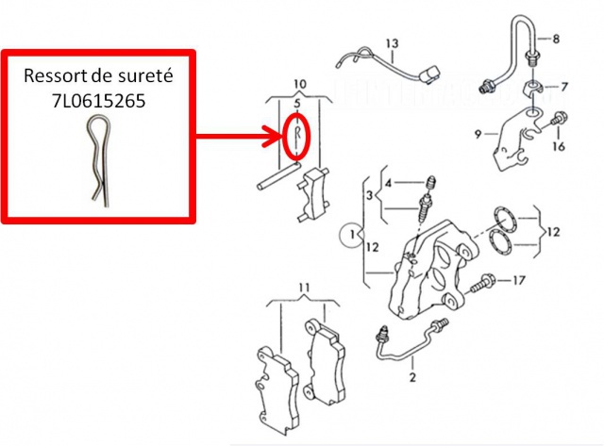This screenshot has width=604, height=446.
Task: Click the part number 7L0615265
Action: [98, 101]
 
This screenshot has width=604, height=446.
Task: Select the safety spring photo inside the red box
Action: [98, 161]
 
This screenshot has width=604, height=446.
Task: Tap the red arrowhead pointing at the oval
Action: [272, 136]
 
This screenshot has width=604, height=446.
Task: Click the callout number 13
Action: [392, 43]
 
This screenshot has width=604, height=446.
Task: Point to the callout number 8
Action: [556, 39]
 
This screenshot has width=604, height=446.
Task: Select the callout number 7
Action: [564, 87]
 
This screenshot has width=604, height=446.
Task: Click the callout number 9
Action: [478, 134]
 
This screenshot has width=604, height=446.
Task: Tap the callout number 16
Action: [559, 146]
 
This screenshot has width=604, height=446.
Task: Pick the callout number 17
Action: [519, 280]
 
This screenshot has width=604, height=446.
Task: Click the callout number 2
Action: [412, 377]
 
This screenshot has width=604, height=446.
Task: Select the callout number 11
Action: [304, 287]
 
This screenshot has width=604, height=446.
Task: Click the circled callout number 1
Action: [352, 234]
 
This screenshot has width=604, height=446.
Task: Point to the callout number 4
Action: [388, 183]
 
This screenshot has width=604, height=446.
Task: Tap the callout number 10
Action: [300, 84]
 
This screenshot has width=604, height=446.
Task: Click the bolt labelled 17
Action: [482, 283]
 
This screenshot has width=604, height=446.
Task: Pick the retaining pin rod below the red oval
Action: [277, 176]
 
